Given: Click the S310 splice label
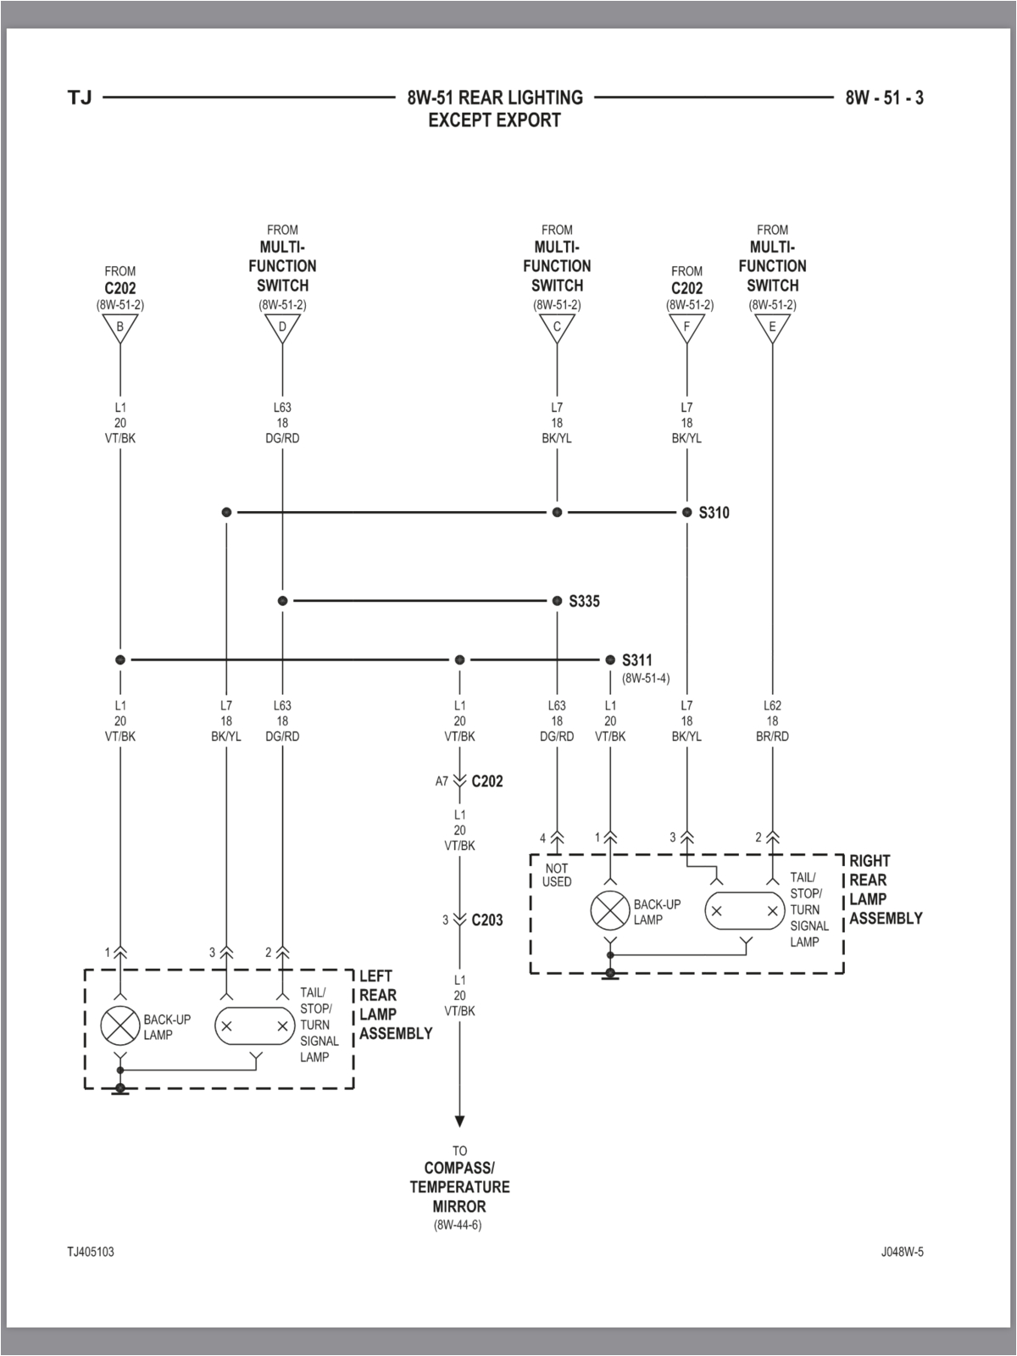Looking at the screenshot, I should click(714, 513).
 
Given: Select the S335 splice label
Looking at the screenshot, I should click(584, 602).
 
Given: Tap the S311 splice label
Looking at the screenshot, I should click(637, 660).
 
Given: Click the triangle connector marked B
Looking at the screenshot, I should click(120, 328).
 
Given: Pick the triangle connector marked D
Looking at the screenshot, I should click(282, 328).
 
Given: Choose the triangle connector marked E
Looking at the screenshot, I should click(772, 328).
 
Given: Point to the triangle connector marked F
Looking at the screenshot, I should click(686, 328).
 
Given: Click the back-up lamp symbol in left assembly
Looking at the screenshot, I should click(120, 1026).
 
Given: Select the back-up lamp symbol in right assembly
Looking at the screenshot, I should click(610, 911).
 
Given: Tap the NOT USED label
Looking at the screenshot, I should click(557, 875).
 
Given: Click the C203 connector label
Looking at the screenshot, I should click(487, 920).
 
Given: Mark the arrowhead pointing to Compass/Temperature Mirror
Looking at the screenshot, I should click(459, 1121).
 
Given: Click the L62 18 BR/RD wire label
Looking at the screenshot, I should click(772, 721).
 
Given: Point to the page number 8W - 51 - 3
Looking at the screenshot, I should click(884, 98).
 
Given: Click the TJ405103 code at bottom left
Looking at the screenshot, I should click(91, 1252).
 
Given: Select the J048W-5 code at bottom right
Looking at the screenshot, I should click(902, 1252).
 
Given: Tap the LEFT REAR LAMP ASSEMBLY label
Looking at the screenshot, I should click(395, 1005).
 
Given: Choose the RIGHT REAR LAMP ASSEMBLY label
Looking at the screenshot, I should click(885, 890).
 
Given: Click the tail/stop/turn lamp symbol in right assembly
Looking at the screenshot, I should click(745, 912).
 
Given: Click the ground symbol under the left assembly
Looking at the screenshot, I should click(120, 1090).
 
